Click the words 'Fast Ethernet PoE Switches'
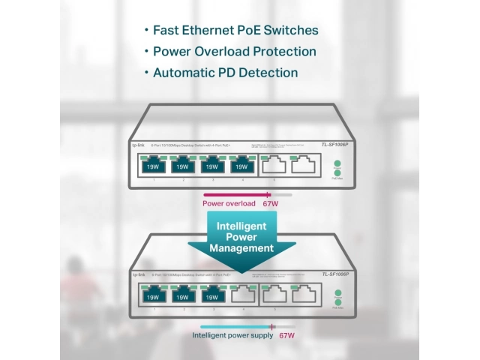click(235, 31)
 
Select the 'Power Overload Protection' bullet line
click(234, 52)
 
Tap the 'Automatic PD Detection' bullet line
click(225, 73)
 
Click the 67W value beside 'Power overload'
click(270, 203)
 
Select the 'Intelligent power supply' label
click(233, 336)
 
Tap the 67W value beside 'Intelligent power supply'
click(286, 336)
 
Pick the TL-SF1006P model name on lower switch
click(336, 274)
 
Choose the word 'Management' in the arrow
click(241, 248)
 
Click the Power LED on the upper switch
click(337, 164)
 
